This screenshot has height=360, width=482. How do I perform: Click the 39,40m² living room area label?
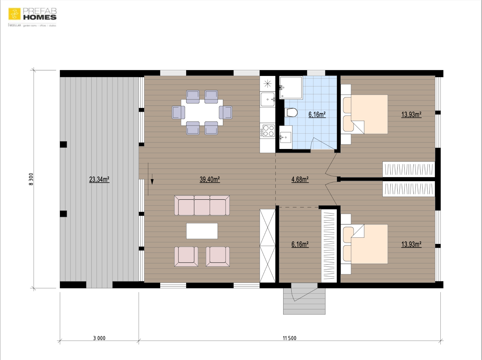click(x=210, y=179)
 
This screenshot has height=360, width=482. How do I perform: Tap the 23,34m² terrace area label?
click(x=99, y=179)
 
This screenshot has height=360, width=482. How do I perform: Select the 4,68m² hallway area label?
click(x=300, y=179)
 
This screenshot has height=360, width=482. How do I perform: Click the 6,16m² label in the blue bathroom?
click(x=317, y=115)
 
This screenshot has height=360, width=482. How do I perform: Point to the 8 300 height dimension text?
click(x=31, y=179)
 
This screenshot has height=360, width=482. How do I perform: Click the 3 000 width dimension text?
click(x=99, y=338)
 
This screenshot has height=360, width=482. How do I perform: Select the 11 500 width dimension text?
click(x=290, y=338)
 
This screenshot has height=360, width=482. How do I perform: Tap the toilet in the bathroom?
click(x=291, y=113)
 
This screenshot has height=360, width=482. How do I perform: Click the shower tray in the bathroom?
click(x=291, y=87)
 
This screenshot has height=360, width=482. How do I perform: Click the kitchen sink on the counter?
click(x=268, y=99)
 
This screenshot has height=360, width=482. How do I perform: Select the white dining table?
click(x=202, y=112)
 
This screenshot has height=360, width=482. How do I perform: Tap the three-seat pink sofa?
click(x=202, y=205)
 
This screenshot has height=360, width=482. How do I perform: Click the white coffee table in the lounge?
click(x=202, y=231)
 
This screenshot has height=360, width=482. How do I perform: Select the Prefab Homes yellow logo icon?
click(x=14, y=14)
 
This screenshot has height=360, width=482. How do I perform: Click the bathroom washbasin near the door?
click(x=286, y=138)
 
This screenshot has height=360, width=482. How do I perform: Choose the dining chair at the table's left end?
click(x=178, y=112)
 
